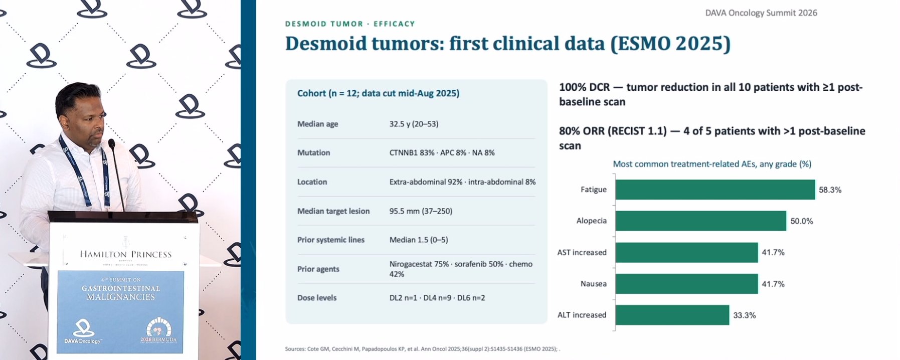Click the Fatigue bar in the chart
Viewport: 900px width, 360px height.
tap(715, 190)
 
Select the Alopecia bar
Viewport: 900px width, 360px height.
tap(701, 221)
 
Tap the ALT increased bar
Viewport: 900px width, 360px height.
tap(672, 315)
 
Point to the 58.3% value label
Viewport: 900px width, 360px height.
tap(830, 190)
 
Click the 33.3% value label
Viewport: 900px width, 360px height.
tap(745, 315)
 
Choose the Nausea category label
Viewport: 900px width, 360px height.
tap(594, 284)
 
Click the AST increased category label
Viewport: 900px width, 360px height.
tap(582, 252)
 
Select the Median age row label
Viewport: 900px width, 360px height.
tap(318, 124)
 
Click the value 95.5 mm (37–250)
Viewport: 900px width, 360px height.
tap(421, 211)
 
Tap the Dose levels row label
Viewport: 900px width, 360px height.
tap(317, 298)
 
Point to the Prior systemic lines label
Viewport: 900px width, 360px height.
tap(331, 240)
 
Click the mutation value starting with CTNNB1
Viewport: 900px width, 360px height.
tap(442, 152)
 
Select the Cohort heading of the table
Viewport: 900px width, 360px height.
tap(378, 93)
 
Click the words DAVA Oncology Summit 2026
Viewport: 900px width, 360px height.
tap(761, 13)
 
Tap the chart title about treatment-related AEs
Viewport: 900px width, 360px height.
tap(712, 164)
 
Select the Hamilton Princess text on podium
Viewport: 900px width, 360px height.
tap(125, 254)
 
